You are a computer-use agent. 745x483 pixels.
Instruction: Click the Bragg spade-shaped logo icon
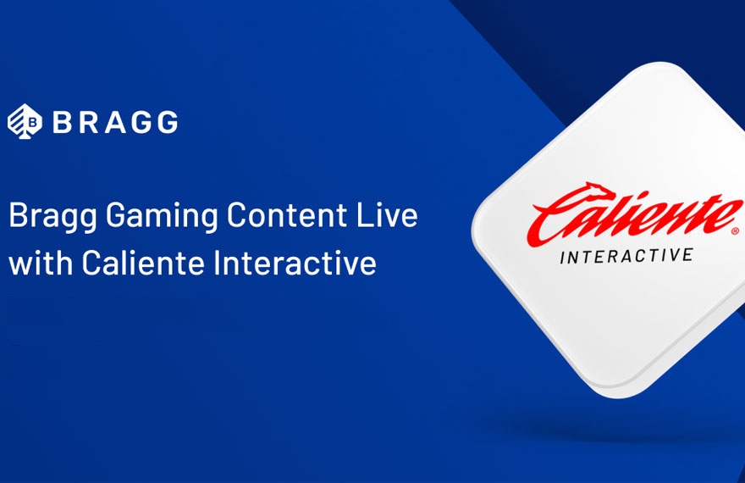(x=25, y=121)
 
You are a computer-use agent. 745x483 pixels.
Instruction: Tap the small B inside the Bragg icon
(x=33, y=122)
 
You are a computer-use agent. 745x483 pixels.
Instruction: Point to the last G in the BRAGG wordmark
(x=168, y=122)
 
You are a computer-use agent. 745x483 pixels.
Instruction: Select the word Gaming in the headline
(x=161, y=216)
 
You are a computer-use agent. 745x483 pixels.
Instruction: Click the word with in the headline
(x=41, y=262)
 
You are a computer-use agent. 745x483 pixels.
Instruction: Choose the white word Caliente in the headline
(x=143, y=262)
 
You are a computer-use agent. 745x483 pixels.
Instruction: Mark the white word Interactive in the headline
(x=295, y=262)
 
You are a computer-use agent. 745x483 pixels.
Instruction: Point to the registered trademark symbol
(x=736, y=231)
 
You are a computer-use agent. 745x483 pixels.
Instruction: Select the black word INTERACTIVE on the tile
(x=626, y=256)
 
